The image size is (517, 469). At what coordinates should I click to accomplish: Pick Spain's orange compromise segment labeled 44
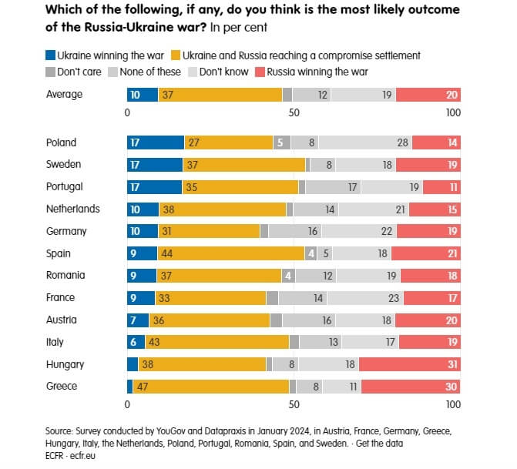pyautogui.click(x=230, y=253)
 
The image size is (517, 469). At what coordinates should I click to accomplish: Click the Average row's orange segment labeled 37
pyautogui.click(x=220, y=95)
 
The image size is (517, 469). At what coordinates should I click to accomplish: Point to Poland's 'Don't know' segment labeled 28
pyautogui.click(x=365, y=142)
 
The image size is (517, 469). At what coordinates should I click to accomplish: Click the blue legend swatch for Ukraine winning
pyautogui.click(x=51, y=55)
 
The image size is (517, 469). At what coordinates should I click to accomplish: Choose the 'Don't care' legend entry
pyautogui.click(x=73, y=72)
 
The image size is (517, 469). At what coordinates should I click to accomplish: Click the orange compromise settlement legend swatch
pyautogui.click(x=176, y=55)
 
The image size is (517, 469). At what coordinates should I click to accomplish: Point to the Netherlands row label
pyautogui.click(x=73, y=209)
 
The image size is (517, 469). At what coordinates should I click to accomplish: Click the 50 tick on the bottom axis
pyautogui.click(x=294, y=404)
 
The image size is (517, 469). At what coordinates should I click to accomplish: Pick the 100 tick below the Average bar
pyautogui.click(x=453, y=112)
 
